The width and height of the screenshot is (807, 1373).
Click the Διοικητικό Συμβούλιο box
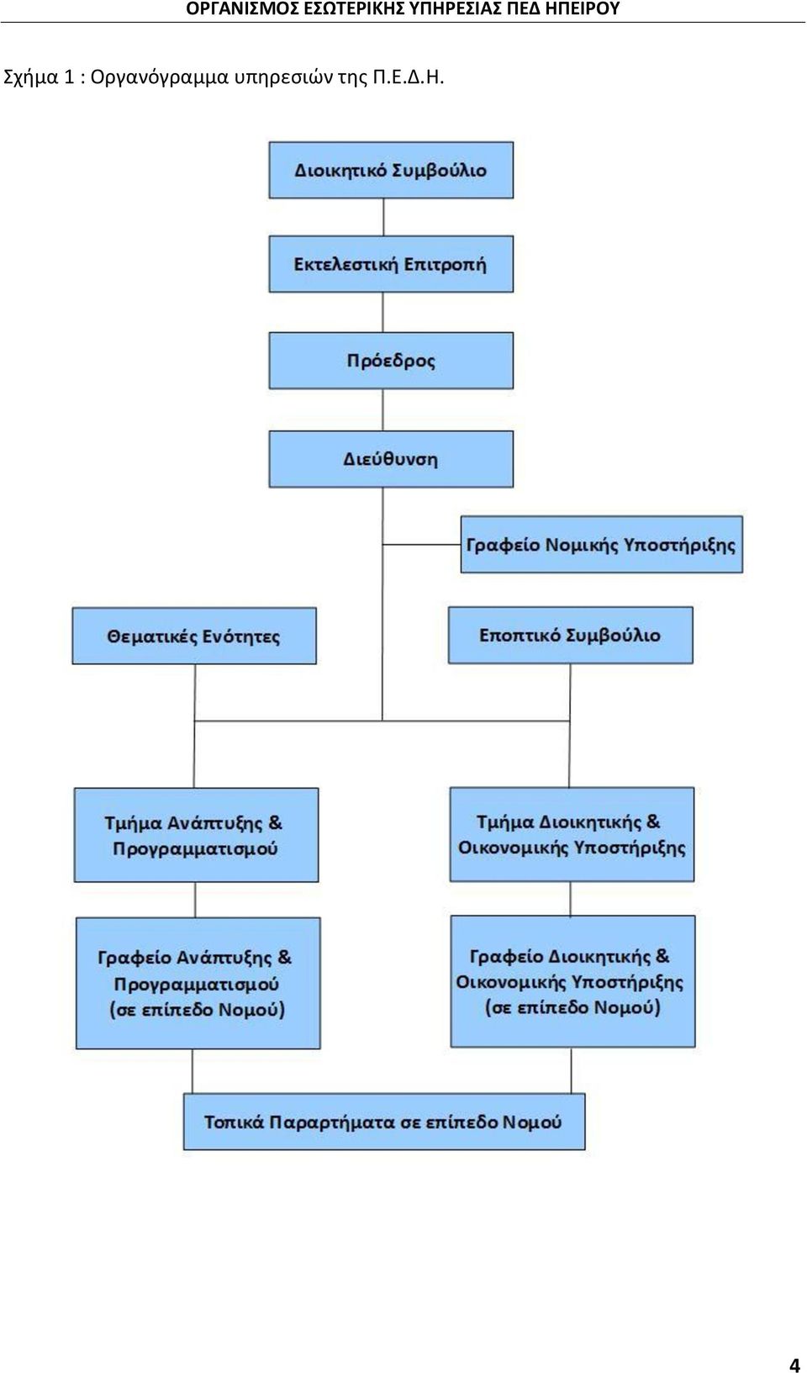pos(391,170)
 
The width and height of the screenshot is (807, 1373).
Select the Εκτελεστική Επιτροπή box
pos(391,264)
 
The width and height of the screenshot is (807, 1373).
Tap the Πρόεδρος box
pos(391,361)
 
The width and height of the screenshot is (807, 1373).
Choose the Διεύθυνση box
pos(391,459)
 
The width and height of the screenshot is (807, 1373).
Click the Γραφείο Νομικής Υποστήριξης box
pos(602,544)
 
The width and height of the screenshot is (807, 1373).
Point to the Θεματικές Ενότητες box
pos(194,636)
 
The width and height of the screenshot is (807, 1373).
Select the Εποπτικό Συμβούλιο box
pos(571,635)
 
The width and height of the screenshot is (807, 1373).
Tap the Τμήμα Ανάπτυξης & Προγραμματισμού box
pos(196,835)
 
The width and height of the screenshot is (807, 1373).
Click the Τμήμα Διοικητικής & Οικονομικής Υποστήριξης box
pos(572,834)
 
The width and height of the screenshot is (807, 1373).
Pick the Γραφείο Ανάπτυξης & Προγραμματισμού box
pos(198,983)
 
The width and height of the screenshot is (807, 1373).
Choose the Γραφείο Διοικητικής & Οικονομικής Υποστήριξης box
pos(573,981)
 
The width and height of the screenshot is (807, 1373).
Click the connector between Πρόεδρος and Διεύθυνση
pos(383,410)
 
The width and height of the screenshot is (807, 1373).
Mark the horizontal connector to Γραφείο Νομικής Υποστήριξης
pos(422,544)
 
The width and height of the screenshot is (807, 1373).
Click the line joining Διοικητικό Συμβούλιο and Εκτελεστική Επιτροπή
pos(383,218)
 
